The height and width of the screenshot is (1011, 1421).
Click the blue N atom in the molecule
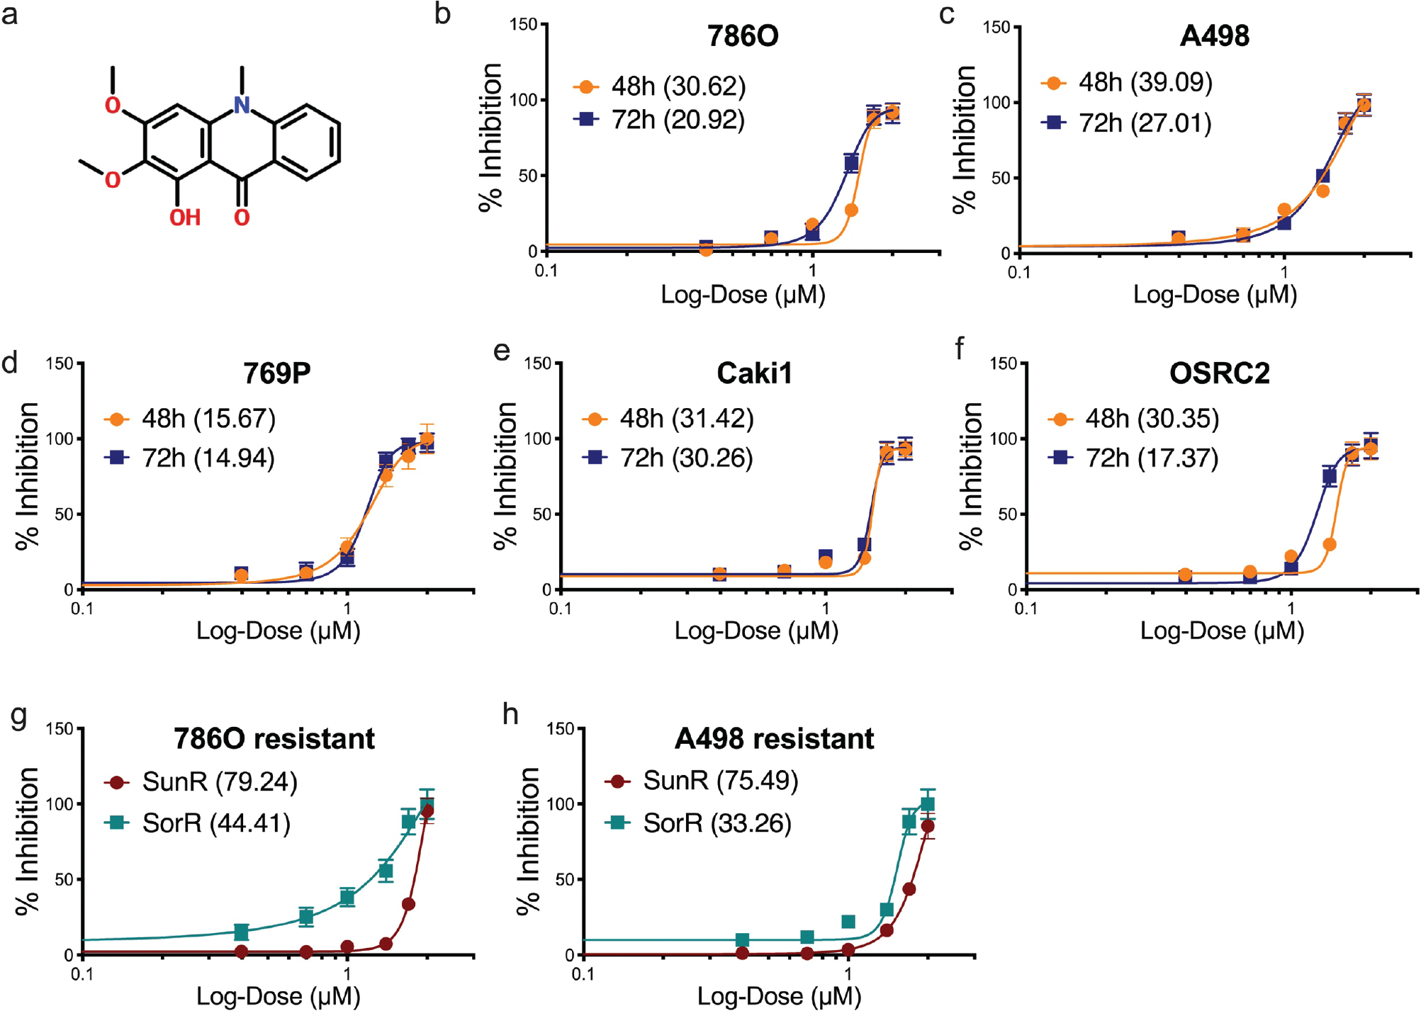[242, 106]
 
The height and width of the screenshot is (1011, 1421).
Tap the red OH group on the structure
[184, 218]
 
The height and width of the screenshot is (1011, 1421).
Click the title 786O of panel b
[742, 36]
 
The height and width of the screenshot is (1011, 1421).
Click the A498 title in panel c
[1214, 36]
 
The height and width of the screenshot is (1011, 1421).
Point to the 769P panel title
[276, 373]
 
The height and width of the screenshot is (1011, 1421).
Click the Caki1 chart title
[754, 373]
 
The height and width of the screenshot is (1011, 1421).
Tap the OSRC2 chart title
[1219, 373]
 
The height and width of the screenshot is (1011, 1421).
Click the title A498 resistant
[774, 739]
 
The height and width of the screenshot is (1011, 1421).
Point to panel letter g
[19, 716]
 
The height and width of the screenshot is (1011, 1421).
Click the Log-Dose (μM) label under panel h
[779, 996]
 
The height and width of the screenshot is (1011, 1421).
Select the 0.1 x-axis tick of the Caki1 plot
[560, 609]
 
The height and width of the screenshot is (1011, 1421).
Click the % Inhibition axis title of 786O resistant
[28, 841]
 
